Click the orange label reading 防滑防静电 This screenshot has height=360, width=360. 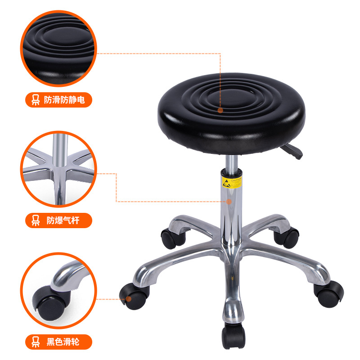[58, 99]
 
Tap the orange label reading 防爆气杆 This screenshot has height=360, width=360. [58, 220]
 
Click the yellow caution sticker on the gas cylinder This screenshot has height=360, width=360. [233, 183]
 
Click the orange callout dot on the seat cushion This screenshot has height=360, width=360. [220, 110]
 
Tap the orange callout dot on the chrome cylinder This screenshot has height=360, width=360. [229, 202]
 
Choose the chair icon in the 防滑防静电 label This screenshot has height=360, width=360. [35, 99]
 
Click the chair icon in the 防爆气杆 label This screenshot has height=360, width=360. [35, 220]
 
